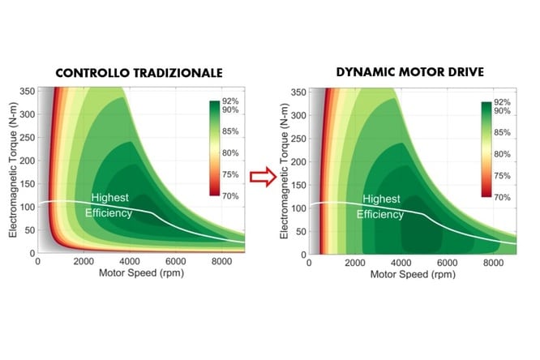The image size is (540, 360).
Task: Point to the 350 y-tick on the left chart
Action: (x=26, y=91)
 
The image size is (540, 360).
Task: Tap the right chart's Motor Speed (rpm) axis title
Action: (x=414, y=273)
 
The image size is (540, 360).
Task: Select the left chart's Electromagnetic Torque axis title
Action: (x=11, y=172)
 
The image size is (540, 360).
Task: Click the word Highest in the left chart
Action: (x=109, y=198)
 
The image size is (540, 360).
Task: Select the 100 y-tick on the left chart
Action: (x=26, y=207)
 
